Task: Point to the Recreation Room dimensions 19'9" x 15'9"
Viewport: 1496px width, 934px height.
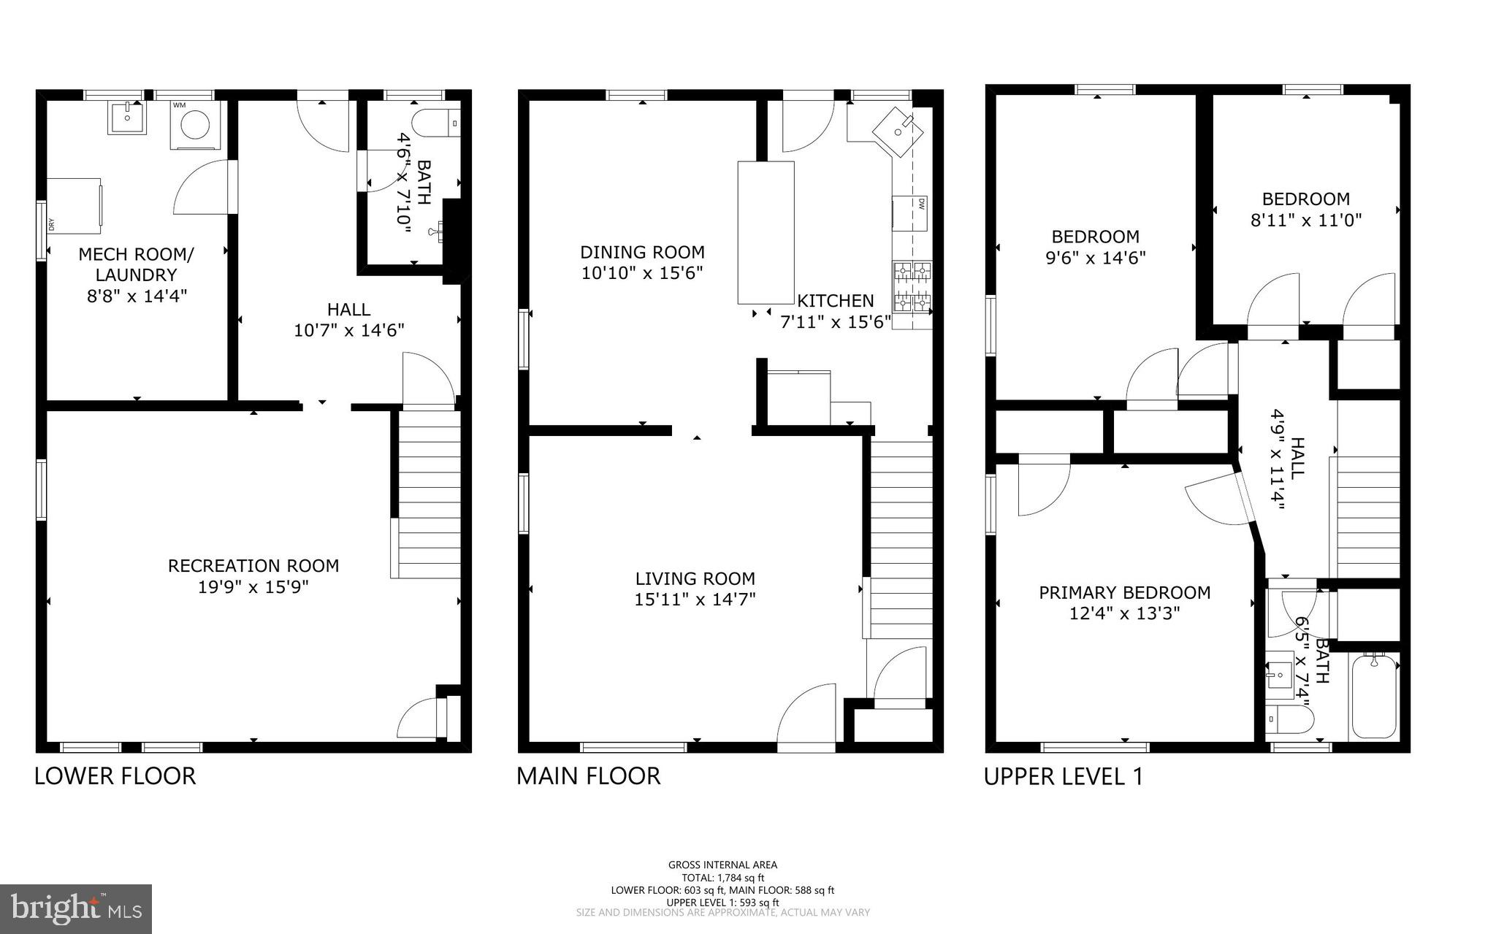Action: (x=253, y=587)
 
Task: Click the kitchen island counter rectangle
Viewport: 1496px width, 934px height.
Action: (x=766, y=232)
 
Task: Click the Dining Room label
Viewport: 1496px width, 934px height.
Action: (x=642, y=253)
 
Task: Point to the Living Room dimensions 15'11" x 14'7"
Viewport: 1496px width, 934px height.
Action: (x=695, y=600)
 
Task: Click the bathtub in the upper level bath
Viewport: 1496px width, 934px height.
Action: (x=1375, y=697)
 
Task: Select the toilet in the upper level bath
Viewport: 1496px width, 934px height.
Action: (x=1290, y=719)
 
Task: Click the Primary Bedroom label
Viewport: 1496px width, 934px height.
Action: (x=1124, y=592)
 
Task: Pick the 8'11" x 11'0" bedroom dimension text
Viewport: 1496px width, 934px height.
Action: (x=1306, y=220)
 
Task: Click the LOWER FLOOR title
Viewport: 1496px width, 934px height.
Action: (x=115, y=776)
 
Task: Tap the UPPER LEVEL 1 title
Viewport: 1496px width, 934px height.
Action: (x=1063, y=776)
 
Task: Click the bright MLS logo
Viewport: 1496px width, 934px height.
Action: (x=76, y=909)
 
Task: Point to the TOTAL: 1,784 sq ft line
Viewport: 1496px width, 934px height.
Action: (x=722, y=878)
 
